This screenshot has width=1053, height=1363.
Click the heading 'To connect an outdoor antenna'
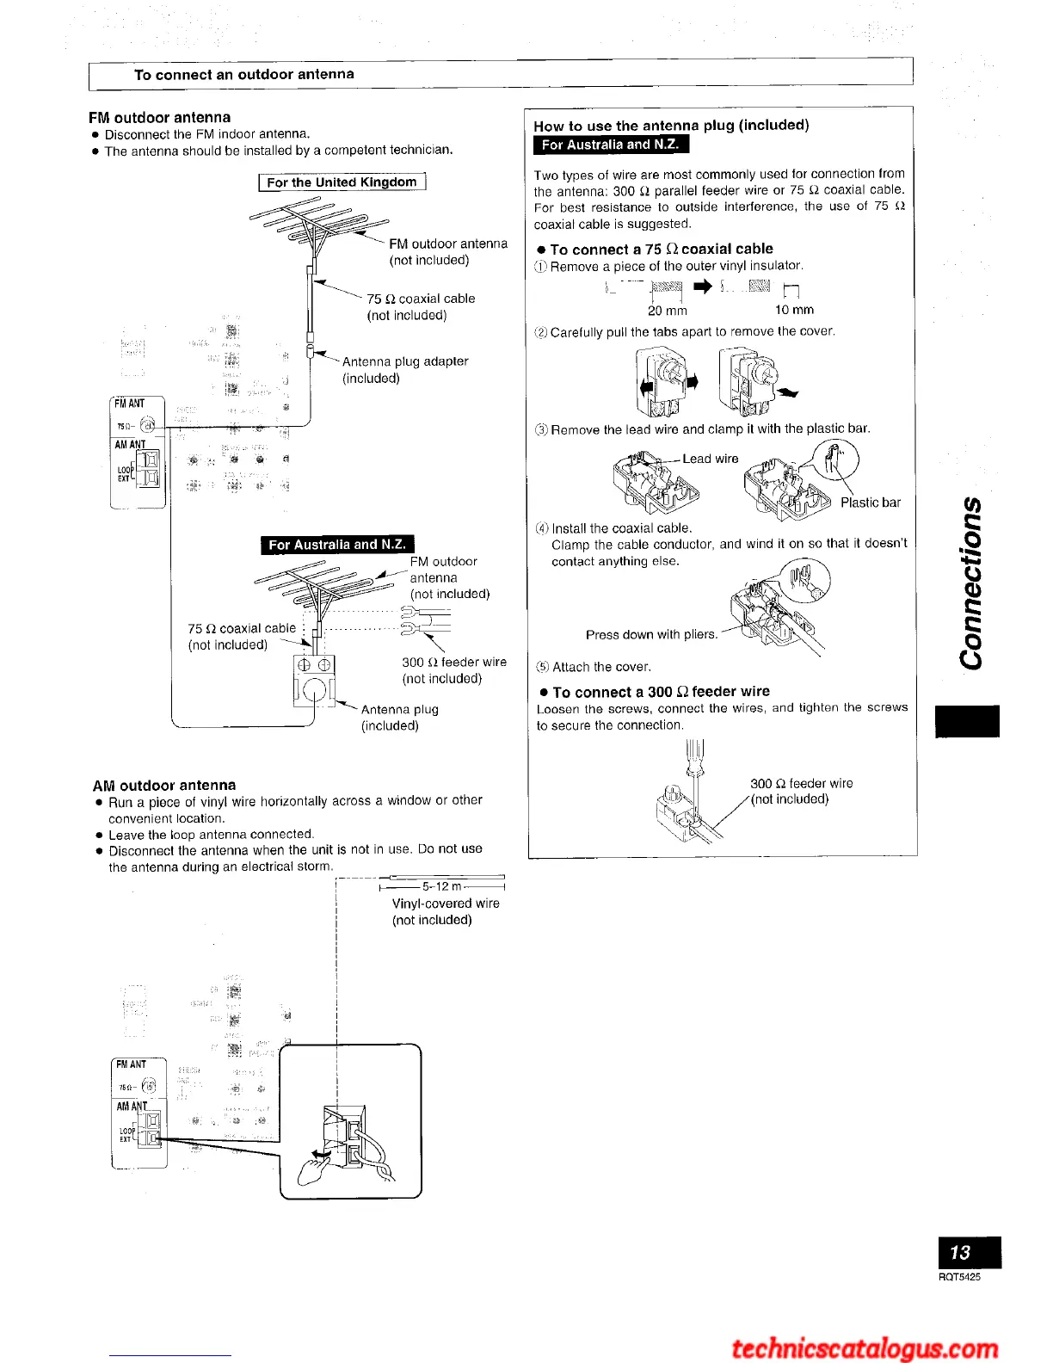pyautogui.click(x=244, y=75)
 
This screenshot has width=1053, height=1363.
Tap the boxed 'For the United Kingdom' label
pyautogui.click(x=342, y=182)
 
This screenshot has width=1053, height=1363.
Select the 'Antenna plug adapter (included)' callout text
pyautogui.click(x=405, y=370)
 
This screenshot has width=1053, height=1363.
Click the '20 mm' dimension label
pyautogui.click(x=668, y=311)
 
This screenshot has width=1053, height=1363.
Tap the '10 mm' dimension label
pyautogui.click(x=794, y=311)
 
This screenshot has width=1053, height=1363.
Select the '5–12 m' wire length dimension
pyautogui.click(x=442, y=886)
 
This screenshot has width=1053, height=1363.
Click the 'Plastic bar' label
pyautogui.click(x=871, y=503)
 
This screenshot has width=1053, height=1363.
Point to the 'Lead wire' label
pyautogui.click(x=711, y=459)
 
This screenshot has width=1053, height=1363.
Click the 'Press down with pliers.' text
pyautogui.click(x=651, y=635)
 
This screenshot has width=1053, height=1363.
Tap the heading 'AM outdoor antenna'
pyautogui.click(x=164, y=785)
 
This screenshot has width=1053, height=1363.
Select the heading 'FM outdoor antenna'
pyautogui.click(x=160, y=117)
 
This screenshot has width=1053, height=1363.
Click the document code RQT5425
pyautogui.click(x=959, y=1277)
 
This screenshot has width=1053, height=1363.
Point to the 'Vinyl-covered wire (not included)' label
pyautogui.click(x=446, y=912)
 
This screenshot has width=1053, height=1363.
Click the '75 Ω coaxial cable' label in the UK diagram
pyautogui.click(x=421, y=306)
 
